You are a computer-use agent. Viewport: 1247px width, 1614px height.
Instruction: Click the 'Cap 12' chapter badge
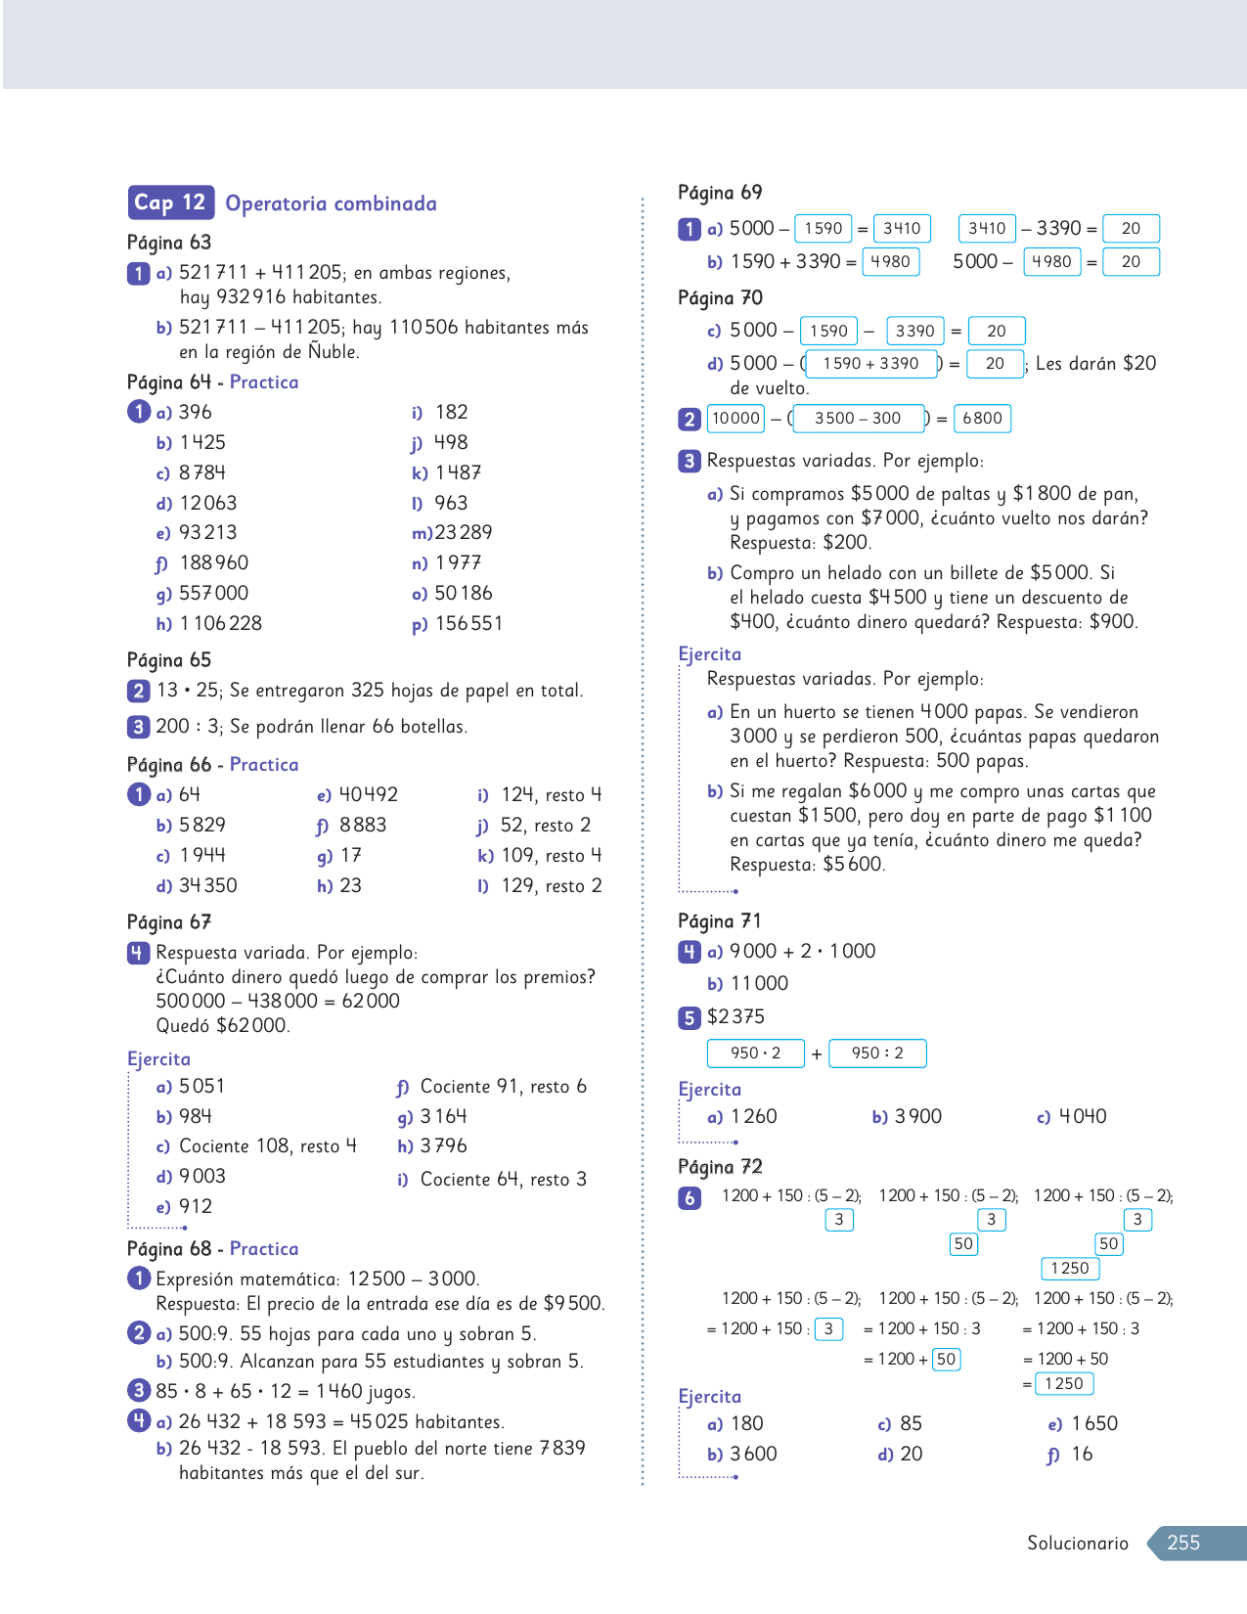click(169, 202)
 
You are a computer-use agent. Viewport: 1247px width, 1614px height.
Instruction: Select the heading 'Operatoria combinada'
click(331, 203)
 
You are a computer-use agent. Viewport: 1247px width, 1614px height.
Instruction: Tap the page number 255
click(1182, 1543)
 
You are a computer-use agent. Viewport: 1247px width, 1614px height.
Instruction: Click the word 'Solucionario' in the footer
click(1077, 1543)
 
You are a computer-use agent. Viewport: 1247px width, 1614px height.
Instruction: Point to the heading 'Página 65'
click(169, 659)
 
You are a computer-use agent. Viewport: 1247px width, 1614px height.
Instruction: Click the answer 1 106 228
click(221, 623)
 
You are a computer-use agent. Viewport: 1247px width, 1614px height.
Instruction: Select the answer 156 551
click(468, 623)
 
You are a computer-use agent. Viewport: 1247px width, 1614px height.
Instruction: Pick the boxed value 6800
click(982, 419)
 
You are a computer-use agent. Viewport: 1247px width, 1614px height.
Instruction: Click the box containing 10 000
click(735, 419)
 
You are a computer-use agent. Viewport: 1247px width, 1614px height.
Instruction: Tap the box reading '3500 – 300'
click(858, 419)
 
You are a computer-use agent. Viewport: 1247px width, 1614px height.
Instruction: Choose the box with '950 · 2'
click(755, 1054)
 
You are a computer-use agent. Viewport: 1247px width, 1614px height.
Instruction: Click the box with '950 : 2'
click(876, 1054)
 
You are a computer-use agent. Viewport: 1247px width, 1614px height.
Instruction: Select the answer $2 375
click(735, 1016)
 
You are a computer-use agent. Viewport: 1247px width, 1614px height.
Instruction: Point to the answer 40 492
click(368, 794)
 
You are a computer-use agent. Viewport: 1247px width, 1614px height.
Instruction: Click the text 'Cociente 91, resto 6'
click(503, 1086)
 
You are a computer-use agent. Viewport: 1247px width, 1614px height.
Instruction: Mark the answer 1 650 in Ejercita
click(1094, 1423)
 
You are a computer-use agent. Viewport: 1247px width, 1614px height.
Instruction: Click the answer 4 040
click(1083, 1116)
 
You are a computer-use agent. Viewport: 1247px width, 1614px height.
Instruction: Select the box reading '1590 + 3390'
click(870, 364)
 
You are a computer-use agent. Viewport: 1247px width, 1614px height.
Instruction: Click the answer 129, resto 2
click(552, 885)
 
